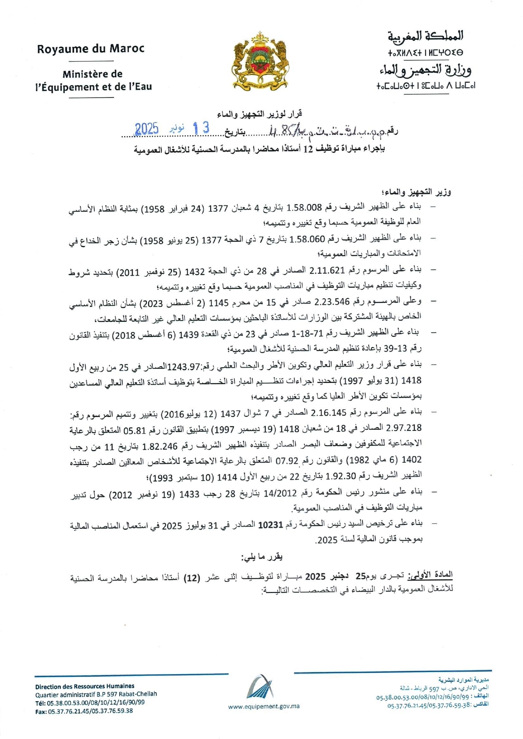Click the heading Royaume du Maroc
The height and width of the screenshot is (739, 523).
coord(91,49)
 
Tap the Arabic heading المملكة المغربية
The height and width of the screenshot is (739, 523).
coord(425,36)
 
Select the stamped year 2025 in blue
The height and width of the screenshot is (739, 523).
coord(147,129)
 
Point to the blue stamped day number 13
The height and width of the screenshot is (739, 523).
coord(201,128)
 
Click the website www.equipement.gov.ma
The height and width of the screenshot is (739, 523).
coord(264,706)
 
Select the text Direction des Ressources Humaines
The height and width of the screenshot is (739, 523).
coord(85,686)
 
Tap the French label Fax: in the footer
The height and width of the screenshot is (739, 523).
coord(41,711)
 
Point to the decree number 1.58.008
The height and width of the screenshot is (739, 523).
coord(304,208)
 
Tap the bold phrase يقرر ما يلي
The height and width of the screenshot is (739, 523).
coord(261,557)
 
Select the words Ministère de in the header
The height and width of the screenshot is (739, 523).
coord(92,74)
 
